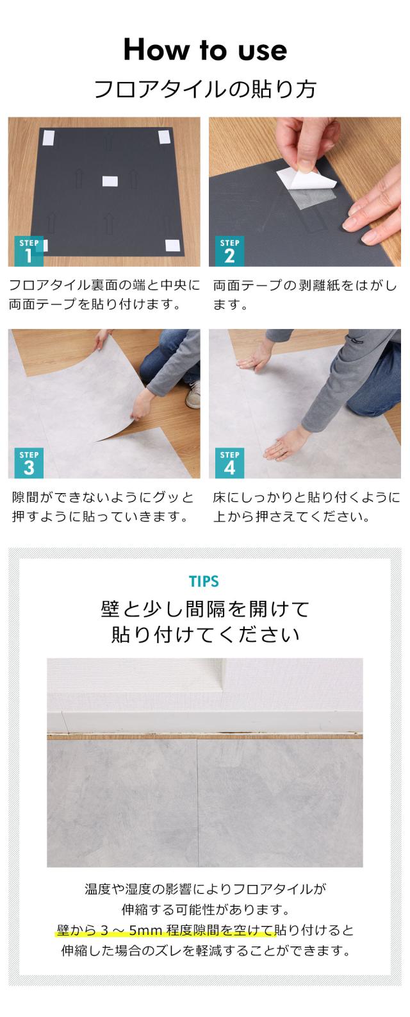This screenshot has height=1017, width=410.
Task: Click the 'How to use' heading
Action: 205,50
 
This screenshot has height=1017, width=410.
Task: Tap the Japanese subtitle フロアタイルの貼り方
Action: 205,89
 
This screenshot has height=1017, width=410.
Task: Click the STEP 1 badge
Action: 29,251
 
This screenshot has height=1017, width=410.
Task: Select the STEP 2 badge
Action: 229,251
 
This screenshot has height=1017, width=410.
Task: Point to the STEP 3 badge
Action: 29,463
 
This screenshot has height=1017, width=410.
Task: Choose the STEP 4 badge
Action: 229,463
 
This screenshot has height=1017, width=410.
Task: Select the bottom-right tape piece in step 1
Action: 174,244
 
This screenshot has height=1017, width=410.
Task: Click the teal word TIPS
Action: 204,582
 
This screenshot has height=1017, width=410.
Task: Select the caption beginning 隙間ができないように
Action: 103,507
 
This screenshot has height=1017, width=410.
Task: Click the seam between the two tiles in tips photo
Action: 197,802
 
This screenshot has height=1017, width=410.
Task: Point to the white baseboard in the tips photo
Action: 205,721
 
